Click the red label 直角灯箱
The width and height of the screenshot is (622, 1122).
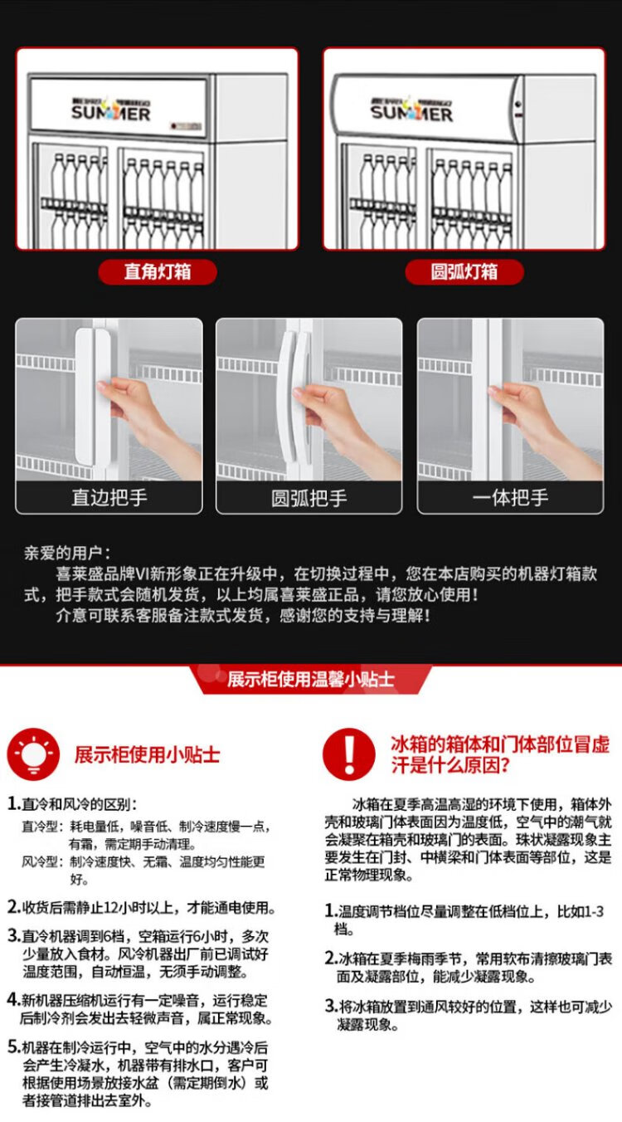tap(158, 272)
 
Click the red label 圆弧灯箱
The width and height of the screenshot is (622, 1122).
tap(464, 272)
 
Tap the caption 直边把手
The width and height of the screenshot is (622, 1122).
tap(109, 498)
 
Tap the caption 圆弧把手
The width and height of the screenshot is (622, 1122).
tap(309, 498)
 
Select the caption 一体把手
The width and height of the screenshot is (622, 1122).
tap(510, 498)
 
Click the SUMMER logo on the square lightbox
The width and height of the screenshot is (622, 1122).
tap(110, 110)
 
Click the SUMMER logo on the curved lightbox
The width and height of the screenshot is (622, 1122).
tap(411, 110)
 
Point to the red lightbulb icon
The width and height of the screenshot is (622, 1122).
tap(33, 754)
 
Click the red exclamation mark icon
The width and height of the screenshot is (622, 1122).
tap(349, 754)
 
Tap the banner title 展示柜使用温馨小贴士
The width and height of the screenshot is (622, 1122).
tap(311, 679)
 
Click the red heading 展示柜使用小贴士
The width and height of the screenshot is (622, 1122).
tap(147, 755)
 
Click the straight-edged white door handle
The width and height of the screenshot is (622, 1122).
tap(93, 397)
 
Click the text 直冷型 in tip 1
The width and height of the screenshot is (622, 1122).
tap(40, 827)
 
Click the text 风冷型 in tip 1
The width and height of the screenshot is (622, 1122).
tap(40, 861)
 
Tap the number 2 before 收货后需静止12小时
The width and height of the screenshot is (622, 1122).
tap(13, 907)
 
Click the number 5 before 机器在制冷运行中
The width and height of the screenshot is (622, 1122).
tap(13, 1046)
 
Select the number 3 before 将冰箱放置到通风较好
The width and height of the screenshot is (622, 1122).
tap(330, 1006)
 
